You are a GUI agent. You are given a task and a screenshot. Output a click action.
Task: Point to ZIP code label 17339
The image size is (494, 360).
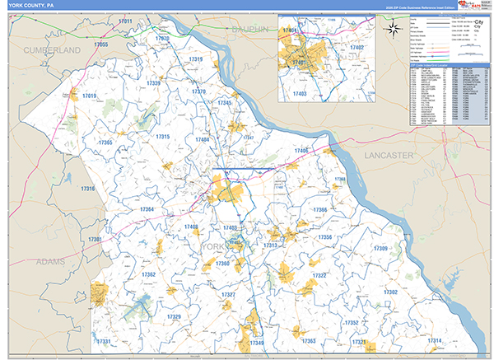pos(154,83)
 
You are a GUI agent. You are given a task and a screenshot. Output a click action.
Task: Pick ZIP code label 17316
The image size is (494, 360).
pos(87,189)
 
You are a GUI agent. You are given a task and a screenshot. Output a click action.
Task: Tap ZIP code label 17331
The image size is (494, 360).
pos(104,341)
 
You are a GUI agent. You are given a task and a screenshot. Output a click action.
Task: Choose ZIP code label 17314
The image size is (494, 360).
pos(434,340)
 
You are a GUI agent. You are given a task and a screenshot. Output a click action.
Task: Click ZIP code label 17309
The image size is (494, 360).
pos(380,248)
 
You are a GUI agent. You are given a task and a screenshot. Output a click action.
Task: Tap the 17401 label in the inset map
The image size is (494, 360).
pos(298,62)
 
